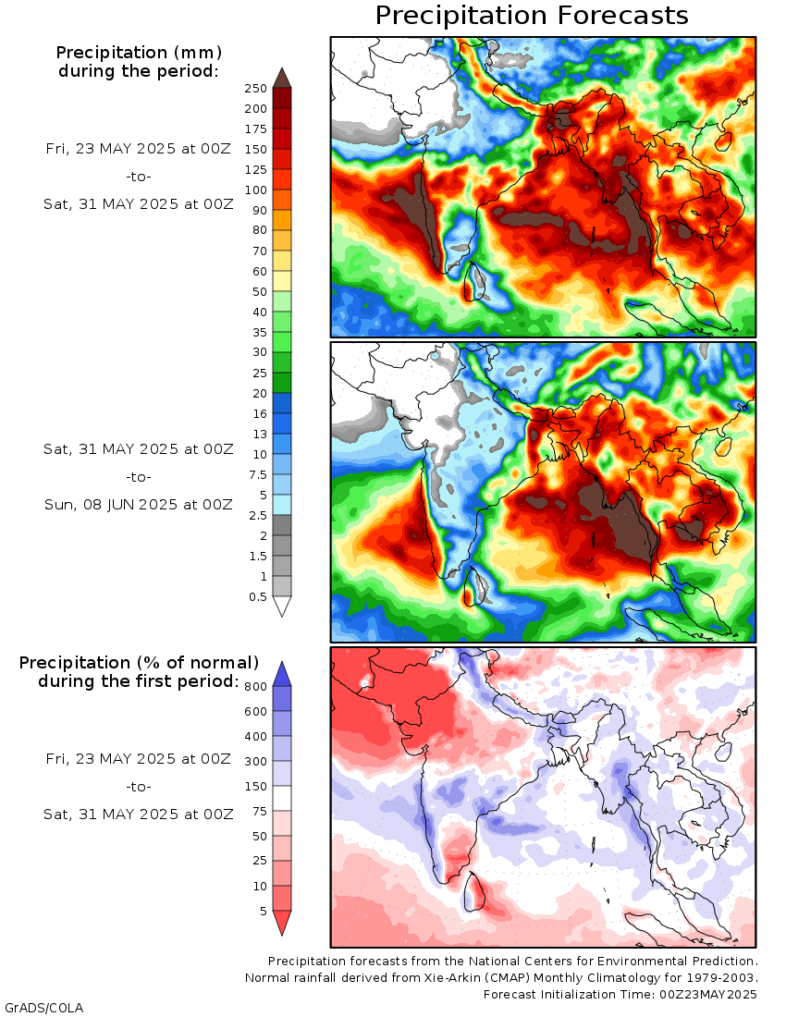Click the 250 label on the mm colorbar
pyautogui.click(x=255, y=89)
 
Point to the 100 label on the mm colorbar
pyautogui.click(x=255, y=190)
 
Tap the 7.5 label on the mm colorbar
pyautogui.click(x=258, y=474)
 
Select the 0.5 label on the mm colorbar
pyautogui.click(x=258, y=597)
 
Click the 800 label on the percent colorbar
pyautogui.click(x=256, y=687)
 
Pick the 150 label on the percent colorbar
pyautogui.click(x=256, y=787)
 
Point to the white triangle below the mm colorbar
pyautogui.click(x=282, y=606)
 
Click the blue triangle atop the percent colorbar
pyautogui.click(x=282, y=672)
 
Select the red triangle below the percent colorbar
pyautogui.click(x=282, y=922)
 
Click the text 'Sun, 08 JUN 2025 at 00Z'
pyautogui.click(x=139, y=505)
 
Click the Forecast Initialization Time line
pyautogui.click(x=620, y=995)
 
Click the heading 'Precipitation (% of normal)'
pyautogui.click(x=139, y=663)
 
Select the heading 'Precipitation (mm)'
pyautogui.click(x=139, y=51)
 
